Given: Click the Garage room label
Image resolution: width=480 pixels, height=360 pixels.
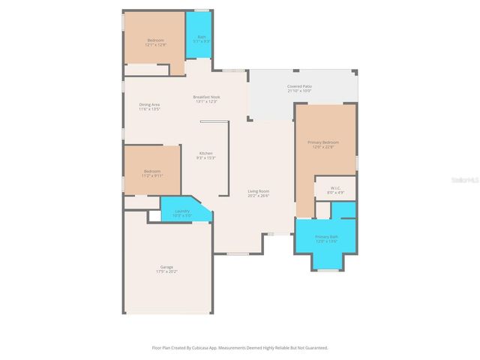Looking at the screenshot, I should pyautogui.click(x=166, y=267).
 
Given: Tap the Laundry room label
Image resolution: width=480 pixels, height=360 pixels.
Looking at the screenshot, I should pyautogui.click(x=183, y=211).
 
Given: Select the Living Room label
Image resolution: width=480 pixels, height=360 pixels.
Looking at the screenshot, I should pyautogui.click(x=259, y=191).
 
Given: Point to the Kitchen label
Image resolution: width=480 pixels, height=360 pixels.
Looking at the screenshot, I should pyautogui.click(x=205, y=153).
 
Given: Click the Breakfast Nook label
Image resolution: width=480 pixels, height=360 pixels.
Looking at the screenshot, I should pyautogui.click(x=206, y=97).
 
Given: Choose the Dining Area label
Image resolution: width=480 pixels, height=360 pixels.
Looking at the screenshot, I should pyautogui.click(x=149, y=104).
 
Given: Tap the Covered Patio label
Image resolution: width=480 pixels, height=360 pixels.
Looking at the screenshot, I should pyautogui.click(x=299, y=86).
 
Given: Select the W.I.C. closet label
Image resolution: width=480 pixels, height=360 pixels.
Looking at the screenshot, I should pyautogui.click(x=334, y=188).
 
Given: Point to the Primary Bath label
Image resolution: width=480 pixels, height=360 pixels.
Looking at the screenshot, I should pyautogui.click(x=326, y=237).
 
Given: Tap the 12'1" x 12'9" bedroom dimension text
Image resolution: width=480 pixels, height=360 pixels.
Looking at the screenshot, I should pyautogui.click(x=155, y=44).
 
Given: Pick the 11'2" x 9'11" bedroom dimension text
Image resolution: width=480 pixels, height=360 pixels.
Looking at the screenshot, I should pyautogui.click(x=152, y=175).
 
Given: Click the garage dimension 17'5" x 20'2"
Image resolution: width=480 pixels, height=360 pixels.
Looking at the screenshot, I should pyautogui.click(x=166, y=271).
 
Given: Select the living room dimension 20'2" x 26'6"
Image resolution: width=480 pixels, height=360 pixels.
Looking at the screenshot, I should pyautogui.click(x=259, y=196).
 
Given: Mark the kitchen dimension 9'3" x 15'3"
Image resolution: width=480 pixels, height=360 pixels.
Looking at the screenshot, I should pyautogui.click(x=205, y=157).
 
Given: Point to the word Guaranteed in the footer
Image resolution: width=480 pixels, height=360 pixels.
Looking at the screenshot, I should pyautogui.click(x=316, y=348).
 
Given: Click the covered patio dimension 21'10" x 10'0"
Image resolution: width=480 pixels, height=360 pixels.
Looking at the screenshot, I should pyautogui.click(x=299, y=91).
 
